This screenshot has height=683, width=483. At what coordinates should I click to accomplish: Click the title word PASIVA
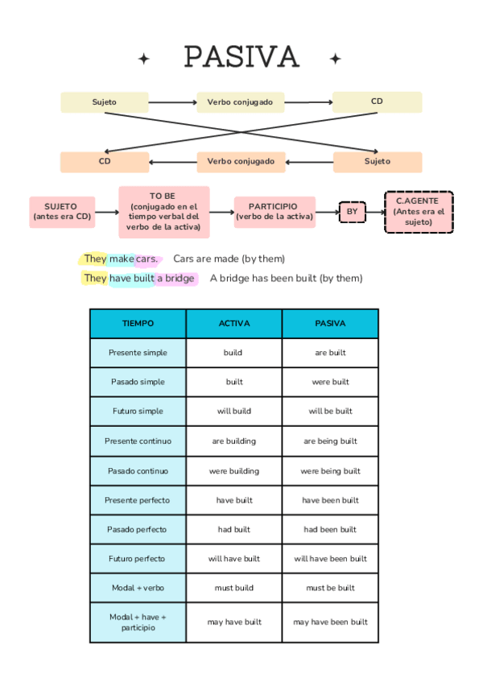point(242,57)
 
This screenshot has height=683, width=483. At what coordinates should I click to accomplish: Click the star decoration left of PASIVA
point(144,59)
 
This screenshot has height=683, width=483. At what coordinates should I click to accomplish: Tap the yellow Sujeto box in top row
point(105,102)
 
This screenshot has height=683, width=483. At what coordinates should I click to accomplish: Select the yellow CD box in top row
point(377,102)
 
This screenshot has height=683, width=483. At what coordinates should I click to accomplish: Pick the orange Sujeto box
point(377,162)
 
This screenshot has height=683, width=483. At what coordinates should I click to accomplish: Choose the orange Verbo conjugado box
point(241,162)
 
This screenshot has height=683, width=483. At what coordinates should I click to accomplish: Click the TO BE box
point(163,212)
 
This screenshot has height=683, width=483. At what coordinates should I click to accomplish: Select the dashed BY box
point(352,213)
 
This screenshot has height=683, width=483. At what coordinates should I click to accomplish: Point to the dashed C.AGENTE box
point(419,212)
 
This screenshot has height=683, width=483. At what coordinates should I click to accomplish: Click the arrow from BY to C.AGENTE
point(375,213)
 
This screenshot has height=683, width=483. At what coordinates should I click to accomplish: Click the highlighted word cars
point(147,259)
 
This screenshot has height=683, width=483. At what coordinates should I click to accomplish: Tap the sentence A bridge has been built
point(286,279)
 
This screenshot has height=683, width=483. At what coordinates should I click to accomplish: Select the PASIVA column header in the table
point(330,324)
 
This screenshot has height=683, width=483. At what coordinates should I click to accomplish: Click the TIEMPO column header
point(138,324)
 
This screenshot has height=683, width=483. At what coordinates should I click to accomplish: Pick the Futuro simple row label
point(138,412)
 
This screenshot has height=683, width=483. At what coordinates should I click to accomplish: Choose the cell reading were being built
point(330,471)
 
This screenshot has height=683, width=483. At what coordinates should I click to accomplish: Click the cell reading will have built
point(234,559)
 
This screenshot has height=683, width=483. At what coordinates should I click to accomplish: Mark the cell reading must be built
point(330,588)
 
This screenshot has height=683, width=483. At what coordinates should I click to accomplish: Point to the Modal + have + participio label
point(138,622)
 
